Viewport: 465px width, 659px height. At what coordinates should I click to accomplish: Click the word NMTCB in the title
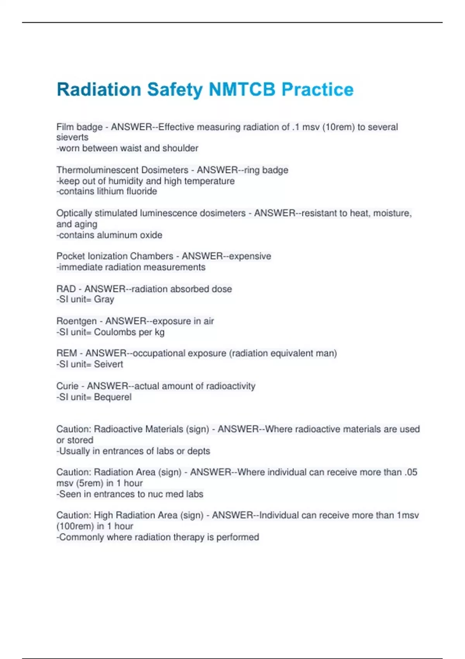pos(242,90)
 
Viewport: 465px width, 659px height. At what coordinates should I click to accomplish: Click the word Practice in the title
pos(317,90)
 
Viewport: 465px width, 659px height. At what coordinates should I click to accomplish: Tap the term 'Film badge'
pos(79,127)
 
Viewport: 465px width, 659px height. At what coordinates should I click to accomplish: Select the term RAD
pos(66,289)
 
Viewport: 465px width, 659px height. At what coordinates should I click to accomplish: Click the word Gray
pos(104,299)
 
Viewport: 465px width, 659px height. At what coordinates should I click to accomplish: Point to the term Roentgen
pos(76,321)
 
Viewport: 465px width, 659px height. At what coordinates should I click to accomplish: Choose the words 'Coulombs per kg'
pos(129,332)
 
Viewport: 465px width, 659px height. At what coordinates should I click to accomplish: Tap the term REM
pos(67,353)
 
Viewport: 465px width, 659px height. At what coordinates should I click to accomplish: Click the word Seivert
pos(108,364)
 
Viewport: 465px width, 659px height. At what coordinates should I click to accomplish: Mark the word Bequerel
pos(113,397)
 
